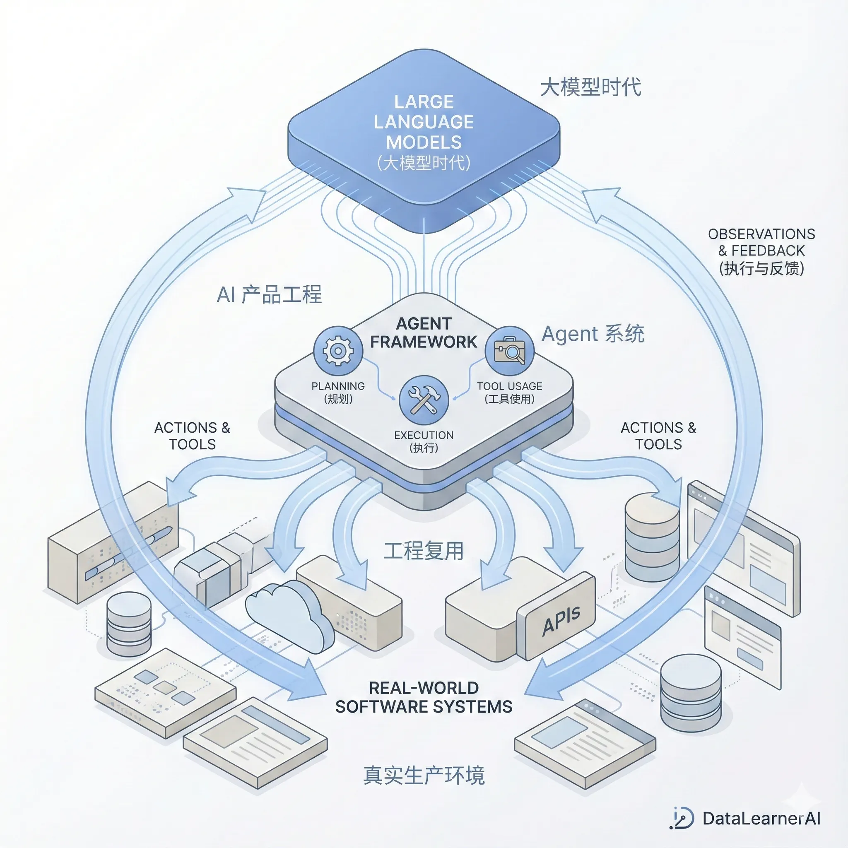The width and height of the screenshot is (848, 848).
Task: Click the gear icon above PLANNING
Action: coord(338,351)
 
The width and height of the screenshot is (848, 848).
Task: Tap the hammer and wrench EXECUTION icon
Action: coord(424,400)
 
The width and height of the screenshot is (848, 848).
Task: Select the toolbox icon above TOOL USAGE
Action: coord(509,351)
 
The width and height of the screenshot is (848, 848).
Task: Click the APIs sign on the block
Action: coord(561,620)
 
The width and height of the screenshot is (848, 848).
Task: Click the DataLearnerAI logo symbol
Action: coord(683,818)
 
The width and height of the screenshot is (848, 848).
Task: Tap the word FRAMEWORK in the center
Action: coord(424,342)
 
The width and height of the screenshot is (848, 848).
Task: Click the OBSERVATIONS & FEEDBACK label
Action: coord(761,251)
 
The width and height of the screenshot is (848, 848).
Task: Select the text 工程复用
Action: coord(424,551)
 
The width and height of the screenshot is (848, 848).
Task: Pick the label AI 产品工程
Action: coord(269,294)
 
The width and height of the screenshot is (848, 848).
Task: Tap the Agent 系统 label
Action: coord(593,334)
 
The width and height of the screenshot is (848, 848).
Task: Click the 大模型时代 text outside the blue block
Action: coord(590,87)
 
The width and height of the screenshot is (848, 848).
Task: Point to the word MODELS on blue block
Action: coord(424,142)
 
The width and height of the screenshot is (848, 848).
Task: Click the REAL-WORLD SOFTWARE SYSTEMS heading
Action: coord(424,697)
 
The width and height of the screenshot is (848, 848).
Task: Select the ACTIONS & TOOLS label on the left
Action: coord(192,436)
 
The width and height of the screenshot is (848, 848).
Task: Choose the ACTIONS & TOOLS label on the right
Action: coord(658,436)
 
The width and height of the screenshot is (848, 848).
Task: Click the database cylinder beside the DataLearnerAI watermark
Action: coord(690,694)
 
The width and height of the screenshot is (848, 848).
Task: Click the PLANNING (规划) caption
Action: coord(338,393)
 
